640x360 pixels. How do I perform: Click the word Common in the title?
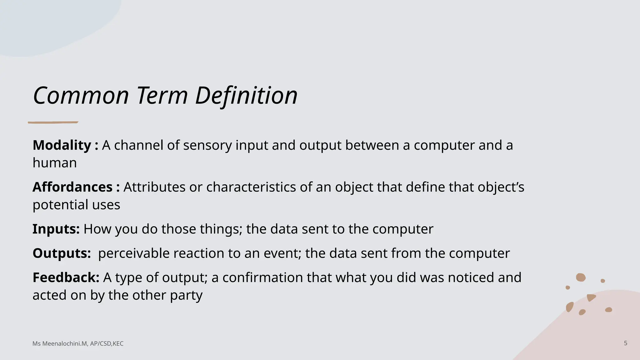81,95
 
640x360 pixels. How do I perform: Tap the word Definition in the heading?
246,95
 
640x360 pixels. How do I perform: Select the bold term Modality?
62,145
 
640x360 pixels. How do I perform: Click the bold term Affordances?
72,187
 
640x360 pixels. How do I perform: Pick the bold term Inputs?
56,229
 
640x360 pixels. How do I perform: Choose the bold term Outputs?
62,253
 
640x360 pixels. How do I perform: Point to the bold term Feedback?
66,277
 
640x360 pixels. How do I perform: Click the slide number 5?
625,343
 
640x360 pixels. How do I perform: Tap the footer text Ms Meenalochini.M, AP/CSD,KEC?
78,344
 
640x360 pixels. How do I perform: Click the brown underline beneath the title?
53,122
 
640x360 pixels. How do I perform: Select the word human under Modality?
55,163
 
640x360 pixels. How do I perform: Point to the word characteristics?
251,187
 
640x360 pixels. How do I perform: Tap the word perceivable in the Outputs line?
134,253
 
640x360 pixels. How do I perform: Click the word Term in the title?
162,95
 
